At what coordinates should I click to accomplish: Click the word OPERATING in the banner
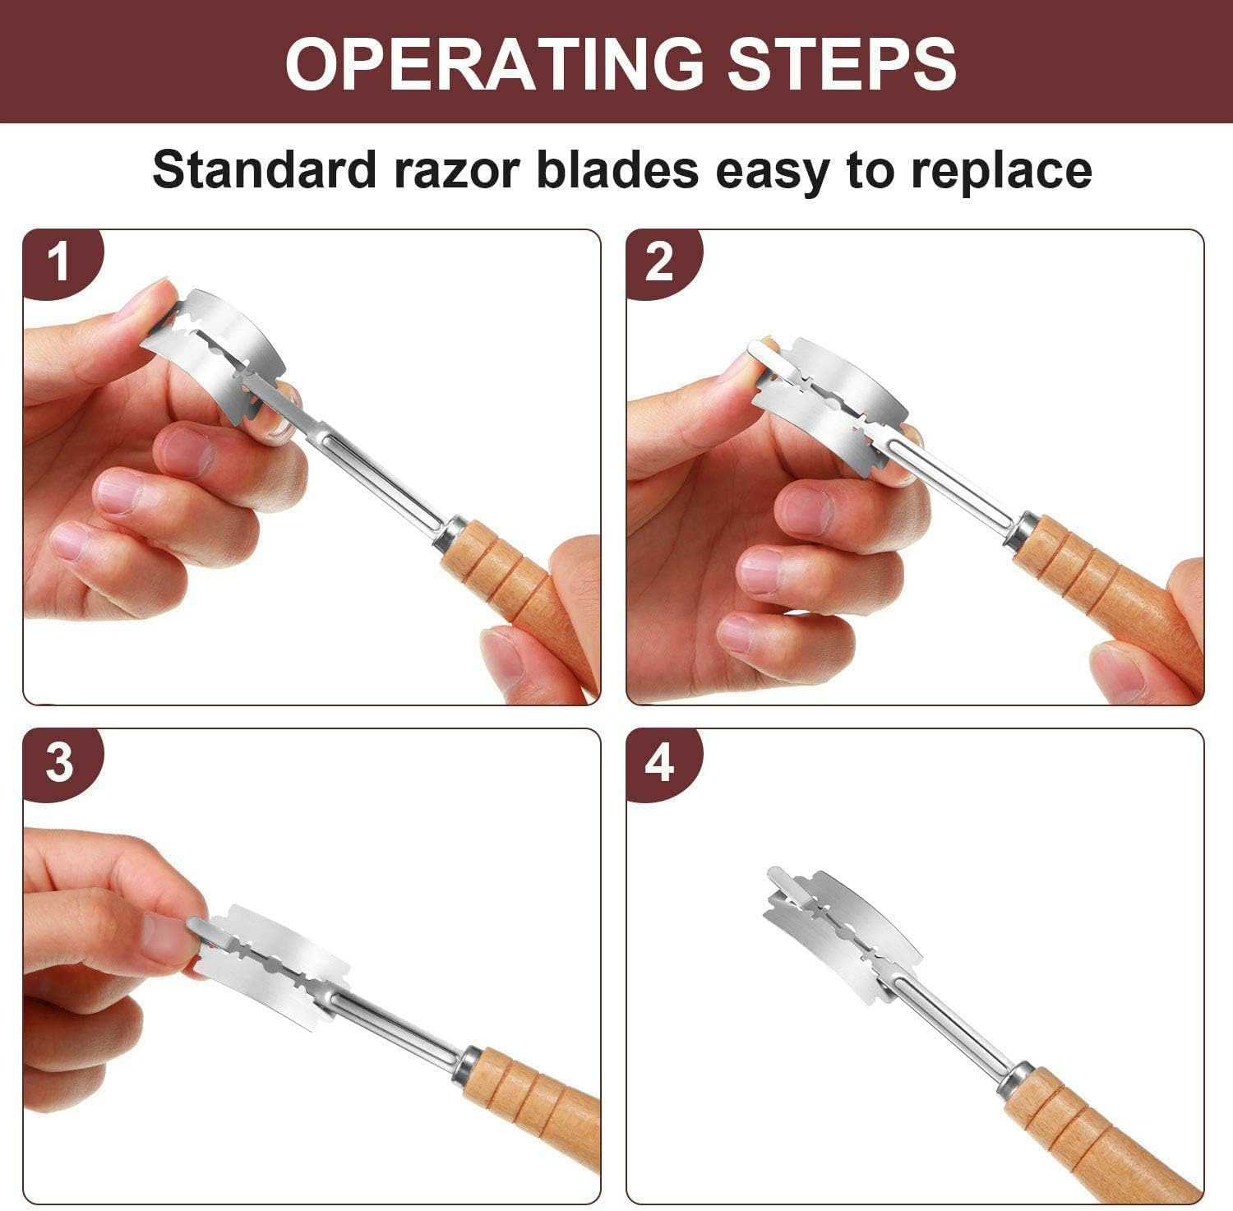point(494,62)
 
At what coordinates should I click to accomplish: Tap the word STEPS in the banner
point(841,62)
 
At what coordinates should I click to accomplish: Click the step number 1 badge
point(59,264)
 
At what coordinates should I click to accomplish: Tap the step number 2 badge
point(660,262)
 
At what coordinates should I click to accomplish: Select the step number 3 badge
point(59,763)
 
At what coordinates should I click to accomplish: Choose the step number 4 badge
point(660,763)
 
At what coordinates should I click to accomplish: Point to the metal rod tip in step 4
point(774,872)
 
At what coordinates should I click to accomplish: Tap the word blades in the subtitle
point(617,170)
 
